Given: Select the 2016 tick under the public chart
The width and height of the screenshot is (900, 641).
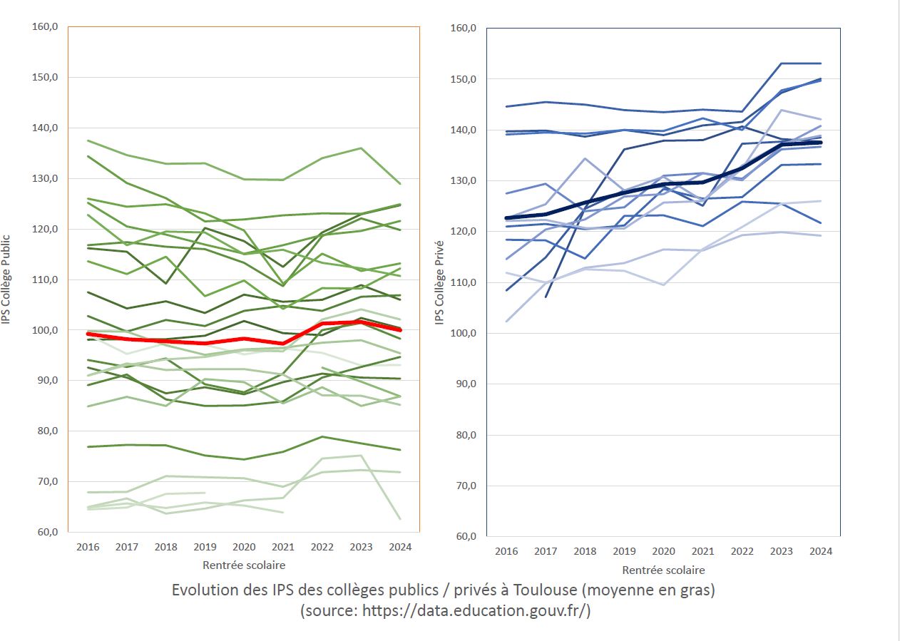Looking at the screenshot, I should point(87,547).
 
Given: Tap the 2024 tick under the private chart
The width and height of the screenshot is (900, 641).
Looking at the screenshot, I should point(821,551).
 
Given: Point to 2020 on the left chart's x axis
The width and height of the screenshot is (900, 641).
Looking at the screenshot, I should point(244,547).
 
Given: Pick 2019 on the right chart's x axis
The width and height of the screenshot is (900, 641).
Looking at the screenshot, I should point(624,551).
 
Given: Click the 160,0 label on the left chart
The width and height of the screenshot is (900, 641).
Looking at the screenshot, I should point(44,26).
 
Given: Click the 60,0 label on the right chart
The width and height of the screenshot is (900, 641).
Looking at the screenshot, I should point(465,536).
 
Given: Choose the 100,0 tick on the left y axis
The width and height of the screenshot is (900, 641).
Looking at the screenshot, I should point(44,330).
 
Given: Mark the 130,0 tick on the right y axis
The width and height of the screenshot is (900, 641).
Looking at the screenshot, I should point(465,181).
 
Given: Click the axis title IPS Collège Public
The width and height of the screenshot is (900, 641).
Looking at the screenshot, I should point(6,280).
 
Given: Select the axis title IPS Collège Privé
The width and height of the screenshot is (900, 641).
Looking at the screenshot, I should point(440,282).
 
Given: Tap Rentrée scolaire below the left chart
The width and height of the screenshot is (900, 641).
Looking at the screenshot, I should point(244,565).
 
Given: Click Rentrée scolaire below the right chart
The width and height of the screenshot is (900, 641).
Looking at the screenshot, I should point(663,570).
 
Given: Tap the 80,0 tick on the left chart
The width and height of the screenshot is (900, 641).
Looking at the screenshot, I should point(44,431).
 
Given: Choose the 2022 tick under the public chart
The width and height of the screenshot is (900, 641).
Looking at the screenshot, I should point(322,547).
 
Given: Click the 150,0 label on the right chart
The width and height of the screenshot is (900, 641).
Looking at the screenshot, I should point(465,78).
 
